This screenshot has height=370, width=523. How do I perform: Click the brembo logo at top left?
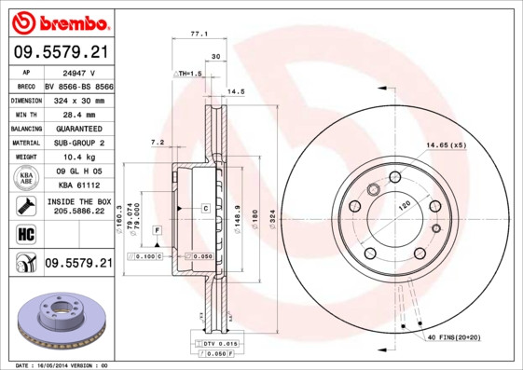(58, 21)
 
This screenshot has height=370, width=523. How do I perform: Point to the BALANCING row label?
(25, 128)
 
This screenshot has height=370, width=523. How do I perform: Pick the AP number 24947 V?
(75, 70)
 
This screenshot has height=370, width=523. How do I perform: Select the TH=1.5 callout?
(190, 73)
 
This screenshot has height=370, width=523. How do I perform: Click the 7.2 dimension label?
(158, 142)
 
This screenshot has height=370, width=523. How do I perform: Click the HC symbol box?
(25, 232)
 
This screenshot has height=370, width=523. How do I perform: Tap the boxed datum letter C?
(205, 209)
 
